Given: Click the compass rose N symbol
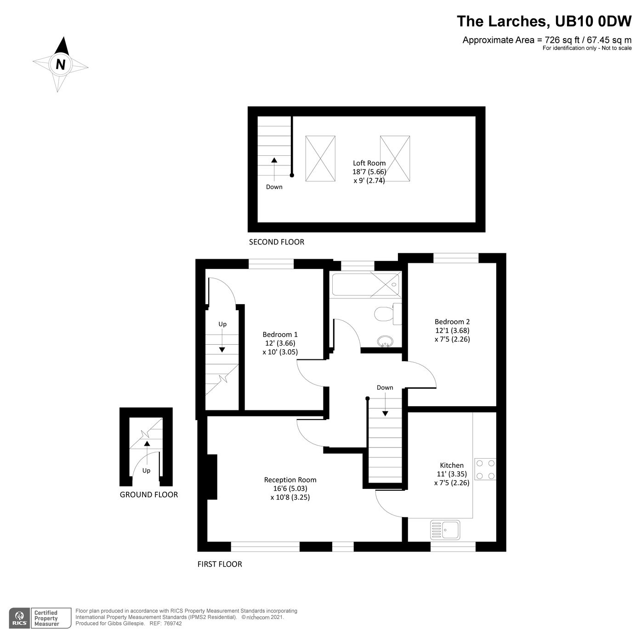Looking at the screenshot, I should (60, 64).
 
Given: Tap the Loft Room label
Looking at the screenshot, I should (369, 163).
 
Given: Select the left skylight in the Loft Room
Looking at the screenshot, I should (320, 159).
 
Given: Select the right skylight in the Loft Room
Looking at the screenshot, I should (395, 159).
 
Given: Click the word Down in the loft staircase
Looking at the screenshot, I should (274, 187).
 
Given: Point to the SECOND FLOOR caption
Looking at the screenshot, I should (276, 242).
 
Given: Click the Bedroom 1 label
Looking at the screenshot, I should (280, 335).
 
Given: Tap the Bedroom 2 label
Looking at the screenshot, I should (452, 322).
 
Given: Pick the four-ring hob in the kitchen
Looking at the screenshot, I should (485, 469).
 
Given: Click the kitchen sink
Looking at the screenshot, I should (445, 530).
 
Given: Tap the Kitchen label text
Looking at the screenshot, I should (452, 466).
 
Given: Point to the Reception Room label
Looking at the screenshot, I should (290, 480).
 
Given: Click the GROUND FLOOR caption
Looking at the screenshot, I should (148, 494).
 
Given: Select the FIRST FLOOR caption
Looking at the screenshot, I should (220, 564).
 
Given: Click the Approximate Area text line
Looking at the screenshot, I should (547, 40).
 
